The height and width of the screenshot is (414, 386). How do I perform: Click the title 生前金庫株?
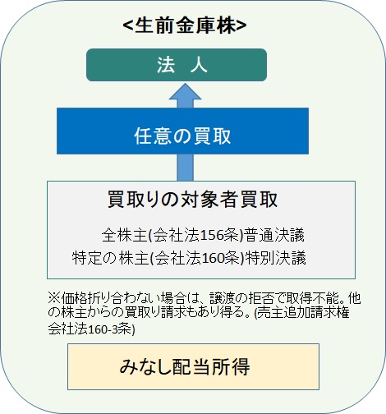(185, 25)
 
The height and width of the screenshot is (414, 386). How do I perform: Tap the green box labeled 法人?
(177, 65)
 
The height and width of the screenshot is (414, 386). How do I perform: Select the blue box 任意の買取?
(182, 131)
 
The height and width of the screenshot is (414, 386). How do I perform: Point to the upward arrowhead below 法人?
(186, 91)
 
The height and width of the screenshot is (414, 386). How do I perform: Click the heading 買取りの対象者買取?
(193, 200)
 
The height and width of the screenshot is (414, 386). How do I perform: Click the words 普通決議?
(273, 235)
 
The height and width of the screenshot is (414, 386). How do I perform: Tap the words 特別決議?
(275, 258)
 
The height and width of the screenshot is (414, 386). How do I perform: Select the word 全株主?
(124, 235)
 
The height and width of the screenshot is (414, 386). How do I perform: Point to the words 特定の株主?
(110, 258)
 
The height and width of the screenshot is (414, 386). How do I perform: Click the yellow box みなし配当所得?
(193, 366)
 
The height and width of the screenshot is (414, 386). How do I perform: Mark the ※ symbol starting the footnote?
(54, 298)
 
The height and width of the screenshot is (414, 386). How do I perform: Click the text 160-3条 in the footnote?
(110, 329)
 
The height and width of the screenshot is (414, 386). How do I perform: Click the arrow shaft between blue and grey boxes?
(186, 168)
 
